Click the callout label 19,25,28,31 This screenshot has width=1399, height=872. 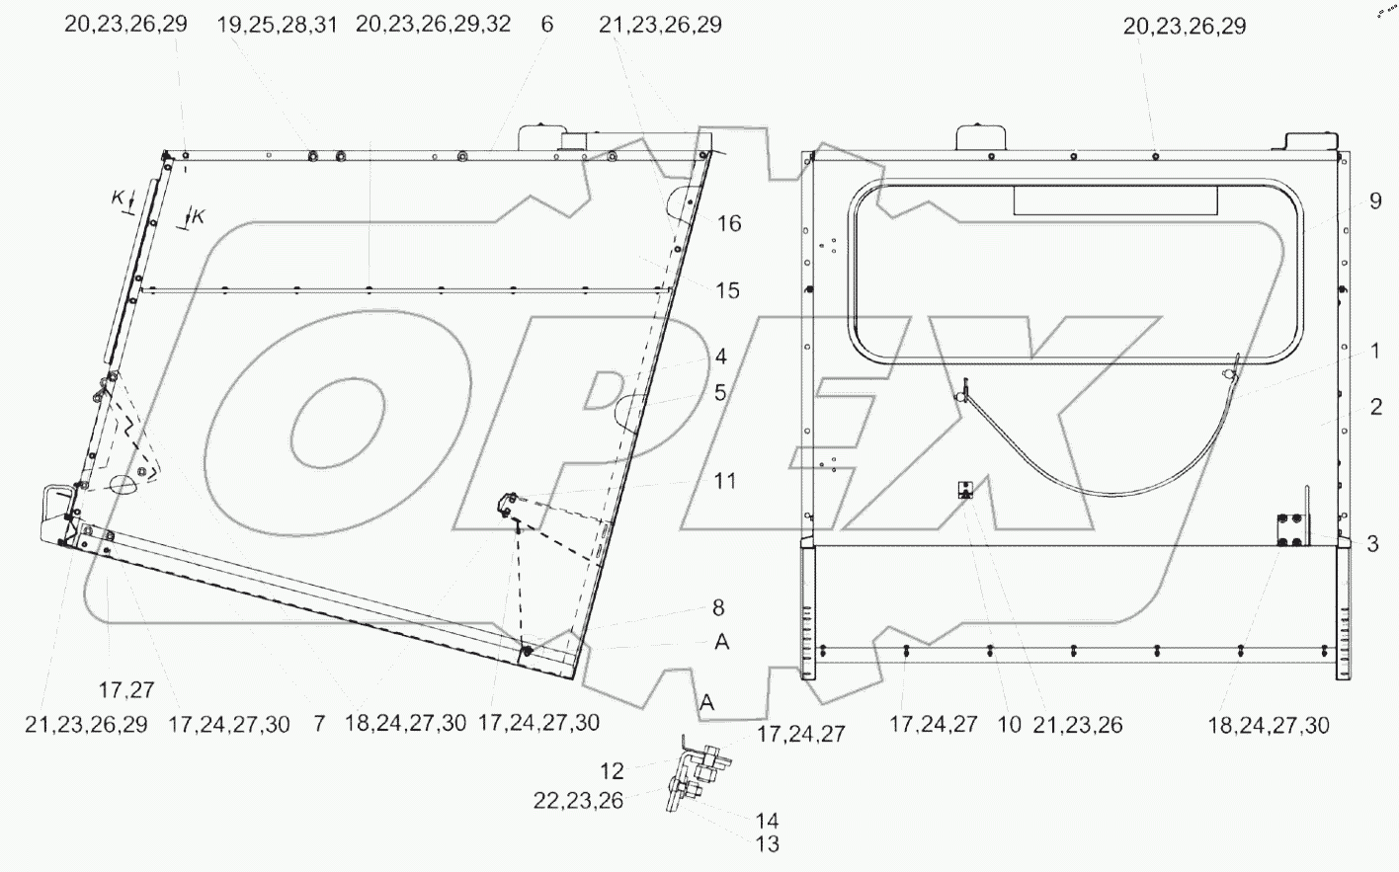pos(277,25)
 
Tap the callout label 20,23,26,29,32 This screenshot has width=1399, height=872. pos(433,25)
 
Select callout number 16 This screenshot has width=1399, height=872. pos(728,224)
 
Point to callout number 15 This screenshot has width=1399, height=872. pos(728,291)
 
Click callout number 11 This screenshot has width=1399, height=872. pos(726,481)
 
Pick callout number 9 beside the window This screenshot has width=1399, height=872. pos(1375,202)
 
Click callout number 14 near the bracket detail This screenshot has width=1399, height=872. pos(767,821)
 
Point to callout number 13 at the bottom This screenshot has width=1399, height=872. pos(767,844)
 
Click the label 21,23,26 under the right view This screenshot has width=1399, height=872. pos(1078,726)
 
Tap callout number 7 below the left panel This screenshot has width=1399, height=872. pos(319,724)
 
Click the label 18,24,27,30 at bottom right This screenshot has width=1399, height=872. pos(1269,726)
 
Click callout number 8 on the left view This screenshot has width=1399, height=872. pos(718,609)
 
